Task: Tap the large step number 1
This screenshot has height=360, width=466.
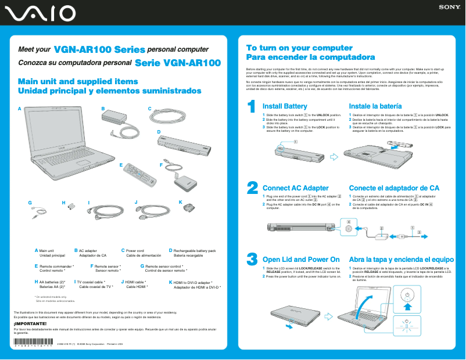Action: (x=252, y=108)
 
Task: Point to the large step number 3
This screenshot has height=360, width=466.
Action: (x=252, y=259)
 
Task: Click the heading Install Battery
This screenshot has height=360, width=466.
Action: (x=285, y=107)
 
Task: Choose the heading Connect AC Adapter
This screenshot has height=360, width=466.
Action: (x=296, y=188)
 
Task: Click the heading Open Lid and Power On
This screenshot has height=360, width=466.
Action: (x=301, y=260)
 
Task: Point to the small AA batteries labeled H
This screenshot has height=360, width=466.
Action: (x=71, y=206)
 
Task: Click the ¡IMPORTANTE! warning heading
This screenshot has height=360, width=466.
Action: (x=26, y=323)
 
